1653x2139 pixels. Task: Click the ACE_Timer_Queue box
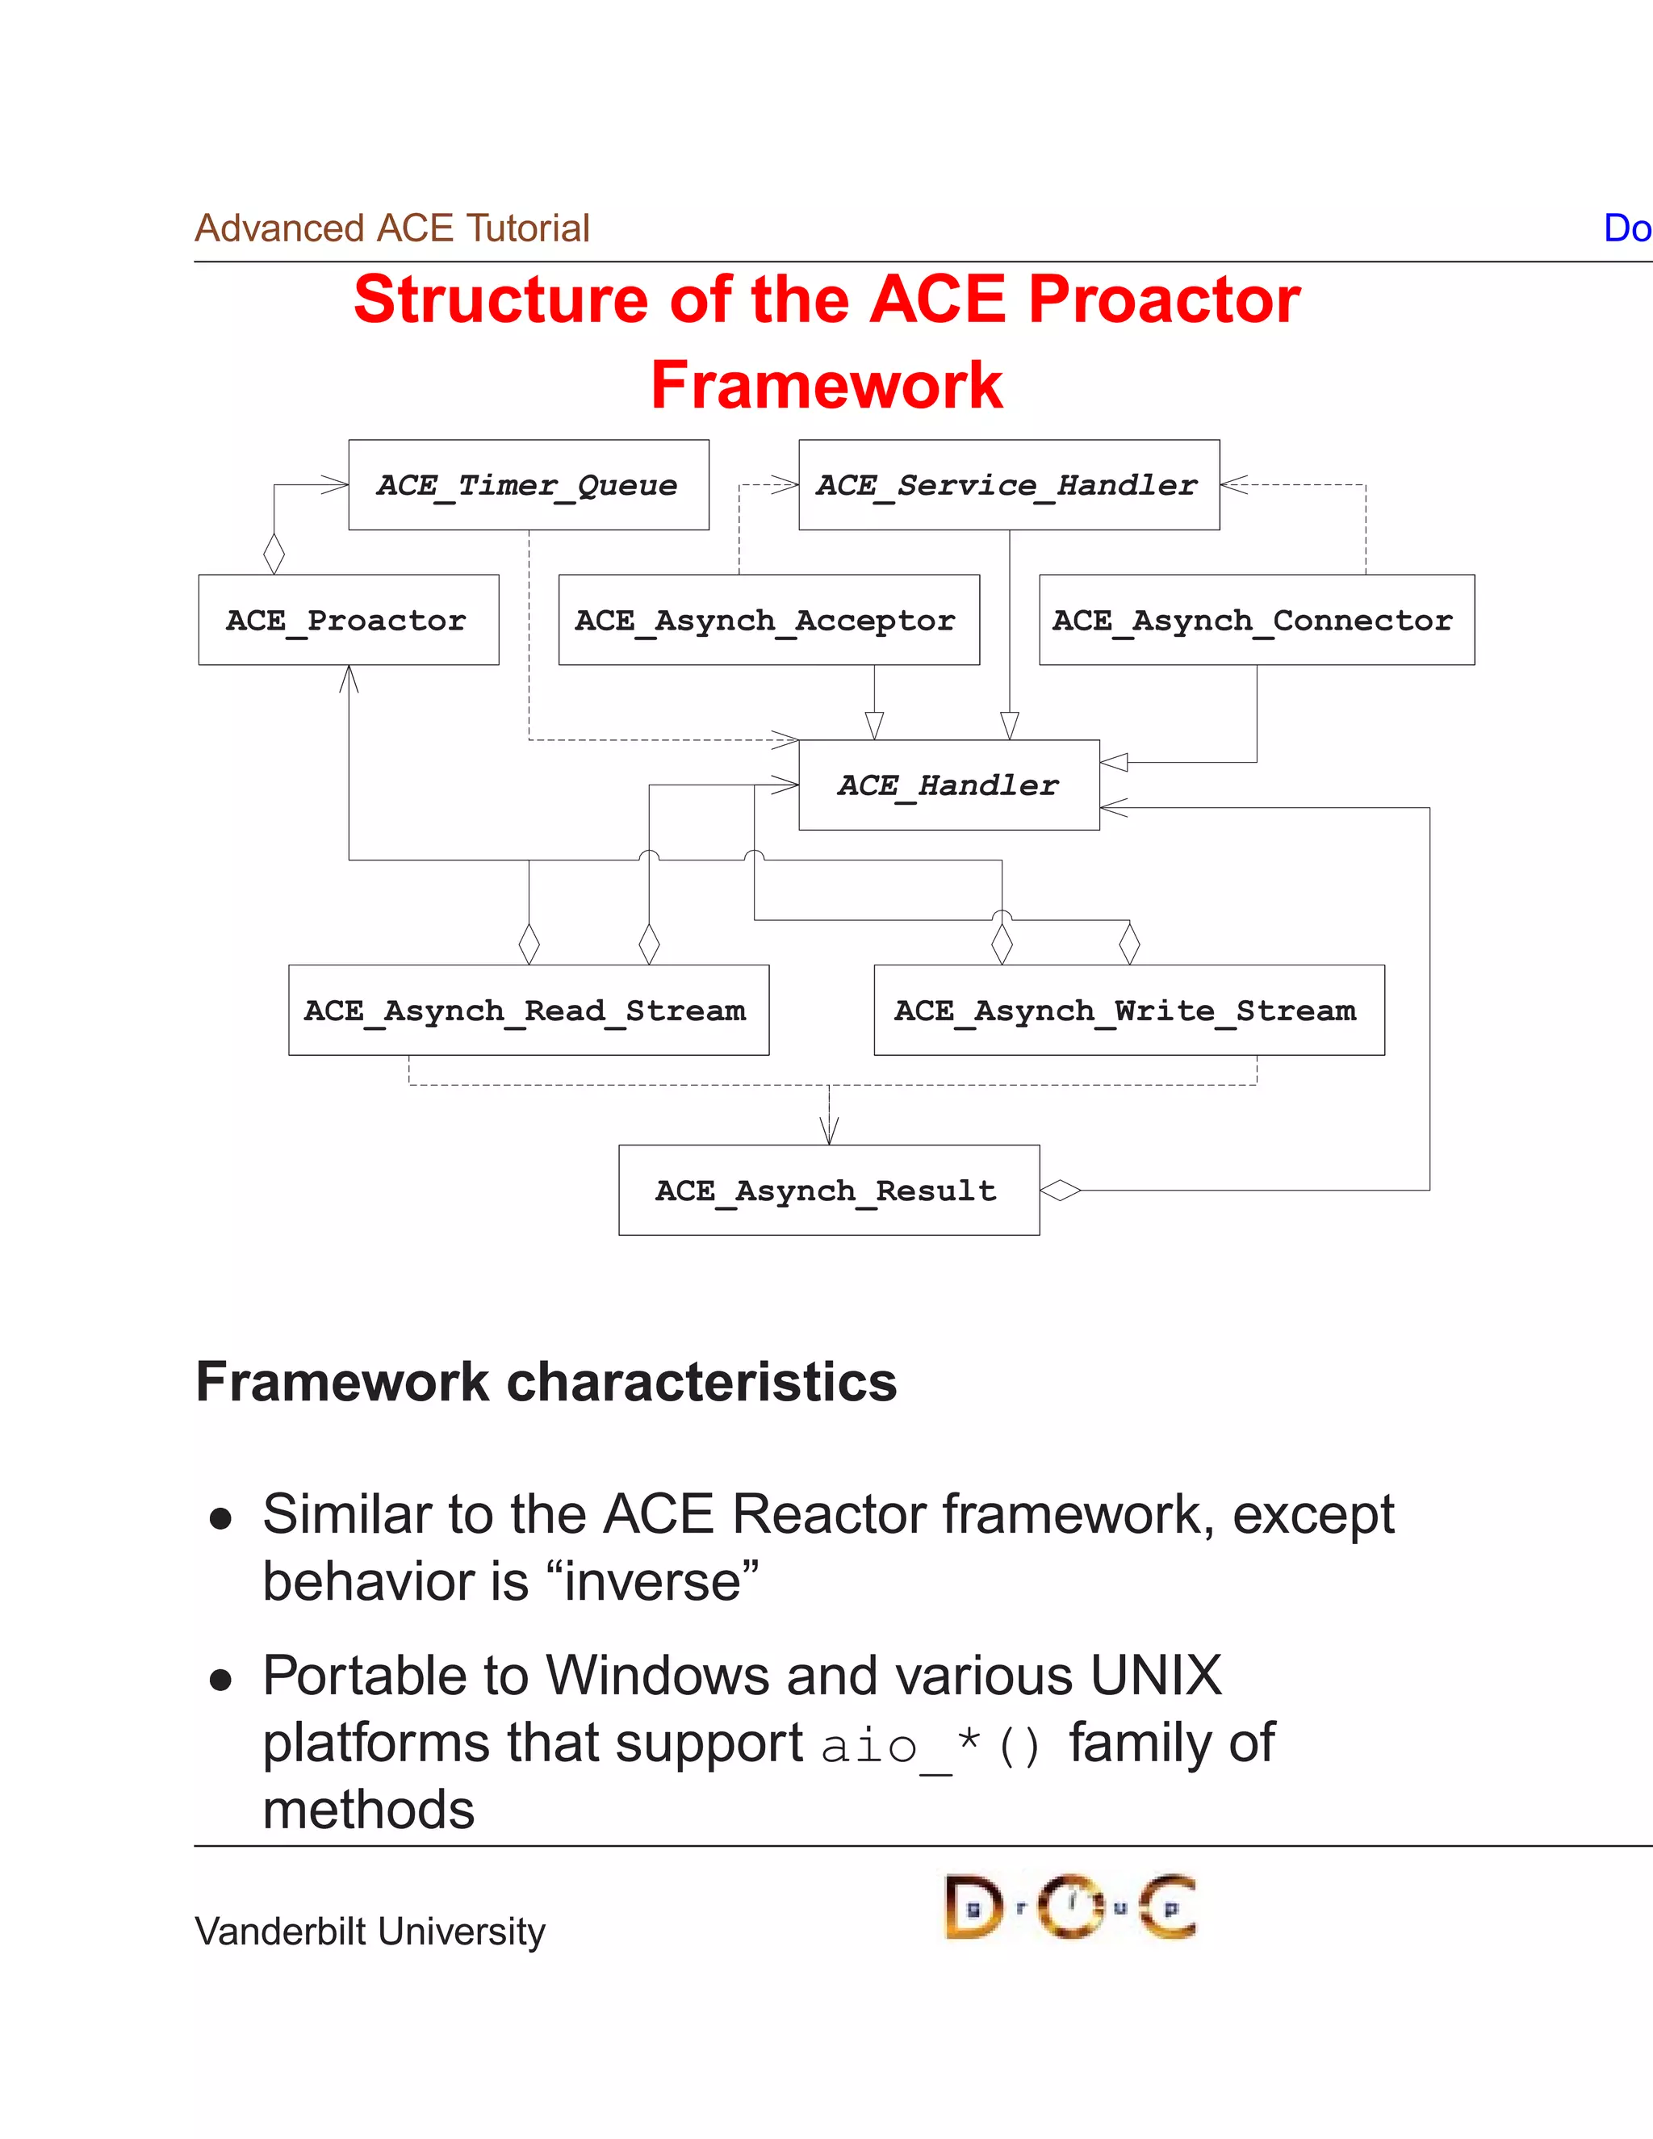(x=529, y=485)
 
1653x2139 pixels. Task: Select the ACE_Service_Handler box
(x=1009, y=485)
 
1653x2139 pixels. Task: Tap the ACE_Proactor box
(x=348, y=620)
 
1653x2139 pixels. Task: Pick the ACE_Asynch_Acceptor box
(x=768, y=620)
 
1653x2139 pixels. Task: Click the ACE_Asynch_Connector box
(x=1257, y=620)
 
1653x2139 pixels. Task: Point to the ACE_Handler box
(x=948, y=785)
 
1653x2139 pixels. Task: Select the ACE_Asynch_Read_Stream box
(x=529, y=1010)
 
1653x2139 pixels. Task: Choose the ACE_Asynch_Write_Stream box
(x=1128, y=1010)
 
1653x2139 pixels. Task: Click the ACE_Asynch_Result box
(x=828, y=1190)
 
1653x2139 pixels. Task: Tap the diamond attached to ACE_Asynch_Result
(x=1061, y=1191)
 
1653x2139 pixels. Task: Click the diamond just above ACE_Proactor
(x=274, y=554)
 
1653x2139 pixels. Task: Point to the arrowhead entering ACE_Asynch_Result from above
(x=830, y=1131)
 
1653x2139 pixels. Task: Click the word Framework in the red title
(x=826, y=385)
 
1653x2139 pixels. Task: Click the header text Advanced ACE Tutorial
(x=391, y=228)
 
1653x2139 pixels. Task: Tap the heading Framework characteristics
(x=546, y=1382)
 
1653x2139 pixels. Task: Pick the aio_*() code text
(x=931, y=1746)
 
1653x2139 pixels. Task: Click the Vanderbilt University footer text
(x=369, y=1932)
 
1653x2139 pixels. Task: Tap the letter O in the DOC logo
(x=1069, y=1906)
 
